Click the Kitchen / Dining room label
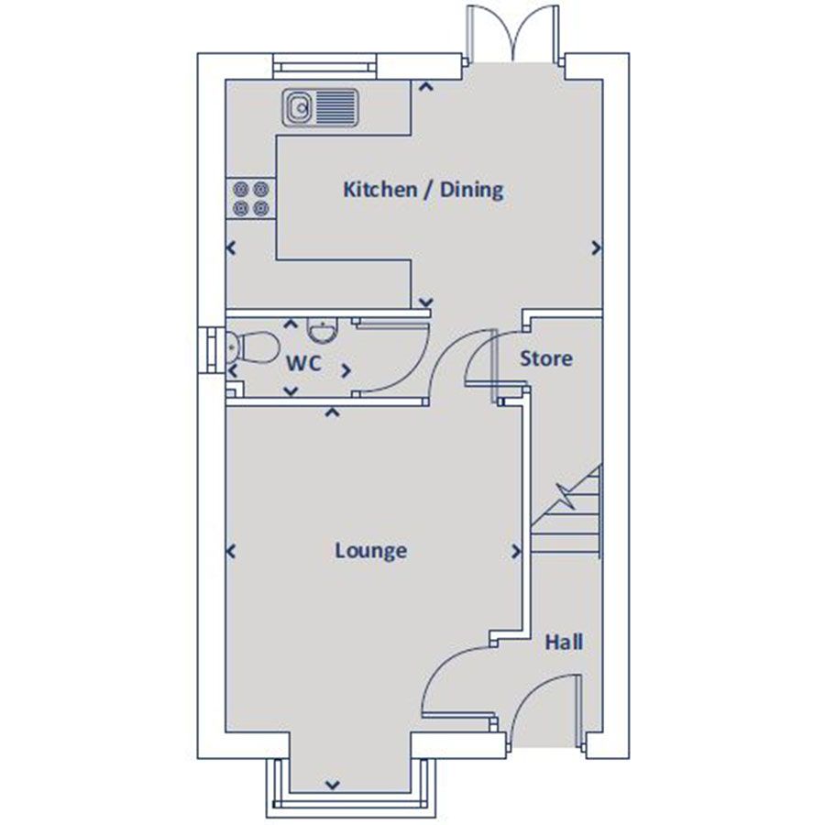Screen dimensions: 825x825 pyautogui.click(x=423, y=190)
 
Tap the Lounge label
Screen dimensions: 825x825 pyautogui.click(x=370, y=551)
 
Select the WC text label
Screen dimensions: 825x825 pyautogui.click(x=303, y=363)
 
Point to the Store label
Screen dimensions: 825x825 pyautogui.click(x=545, y=358)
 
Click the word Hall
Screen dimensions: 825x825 pyautogui.click(x=564, y=642)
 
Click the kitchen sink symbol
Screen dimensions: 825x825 pyautogui.click(x=320, y=106)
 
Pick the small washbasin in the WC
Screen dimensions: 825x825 pyautogui.click(x=321, y=328)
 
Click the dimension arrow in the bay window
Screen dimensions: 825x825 pyautogui.click(x=332, y=785)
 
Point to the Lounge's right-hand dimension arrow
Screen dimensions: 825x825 pyautogui.click(x=517, y=552)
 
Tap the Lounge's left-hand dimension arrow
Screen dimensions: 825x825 pyautogui.click(x=230, y=551)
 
